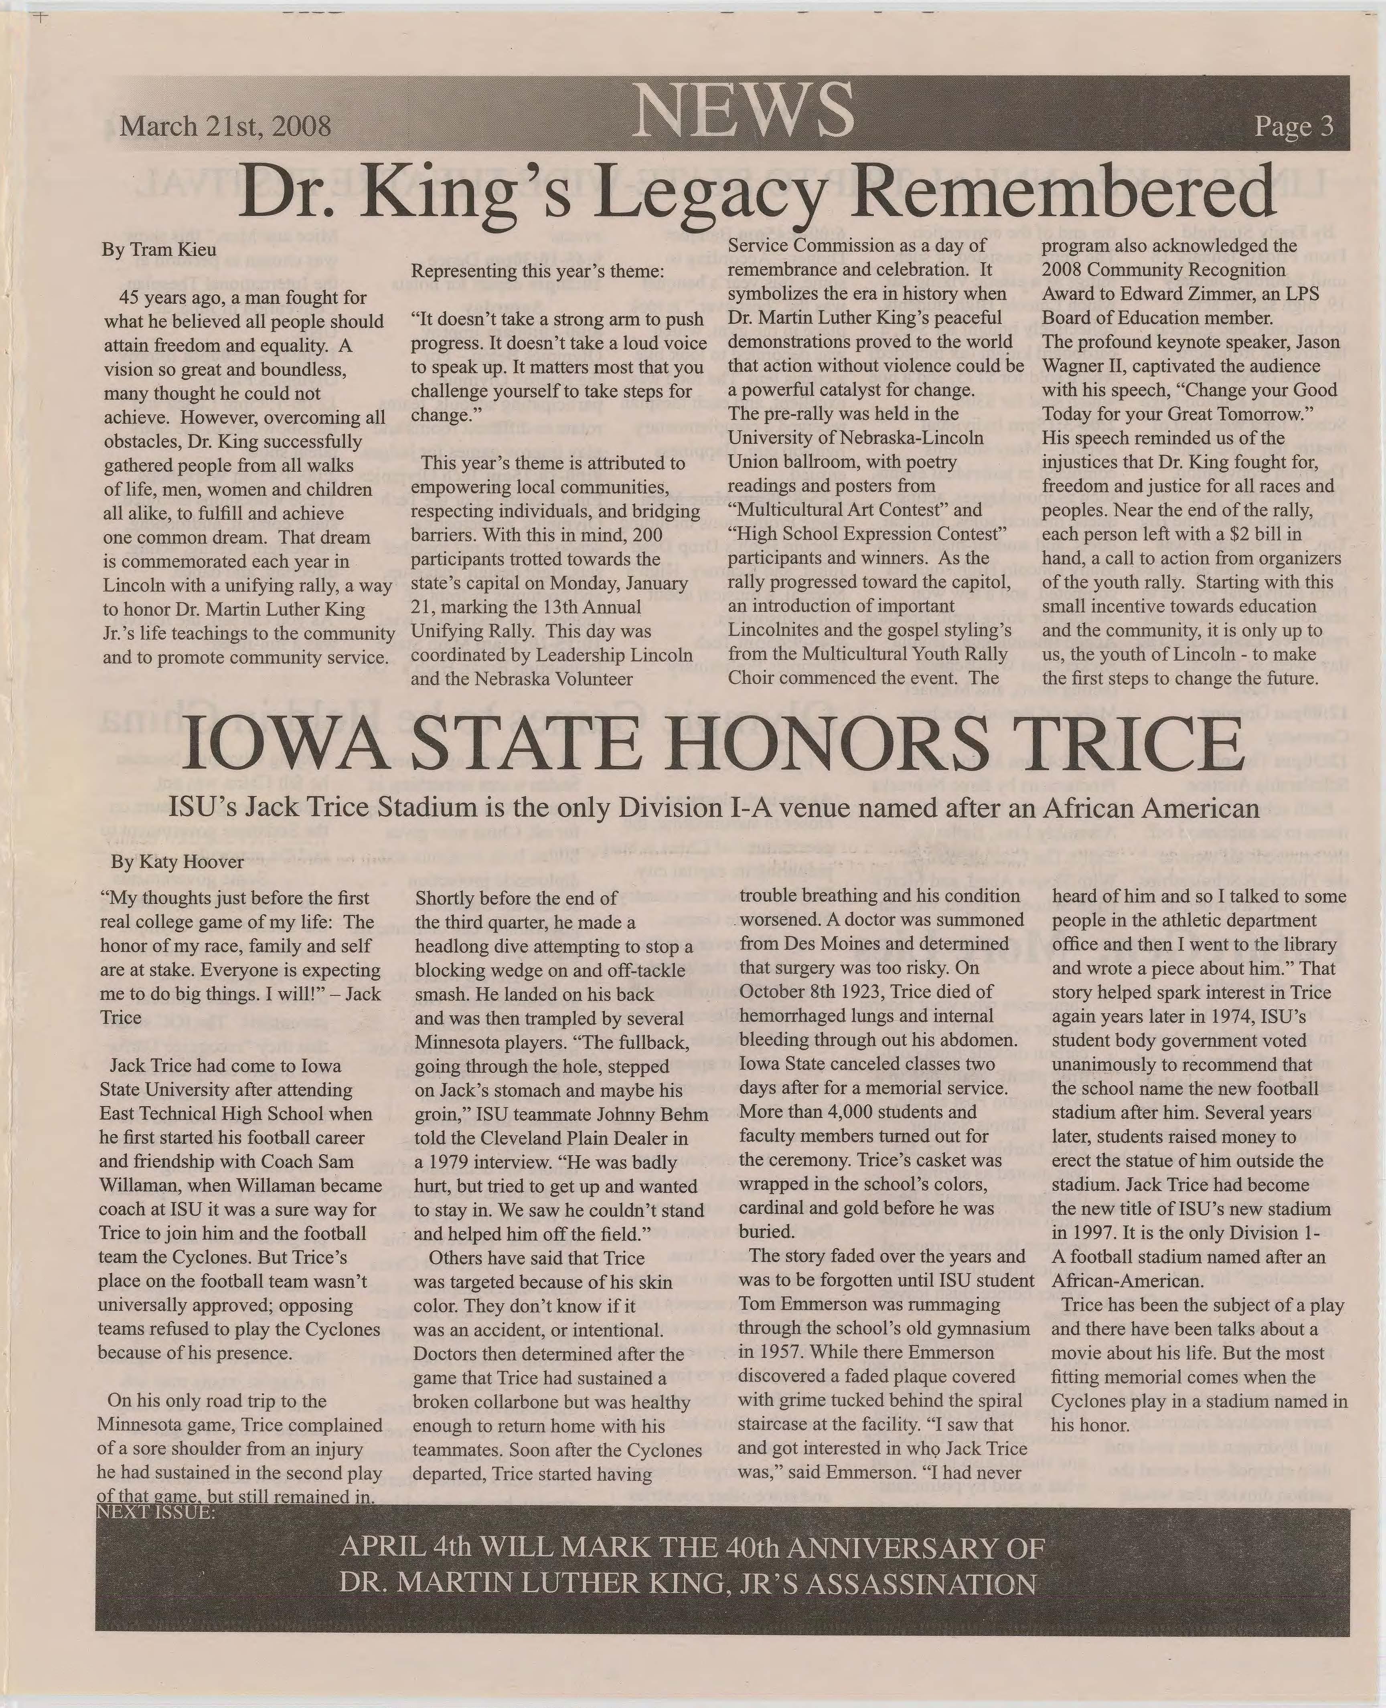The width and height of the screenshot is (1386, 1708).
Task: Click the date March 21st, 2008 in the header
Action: pos(225,126)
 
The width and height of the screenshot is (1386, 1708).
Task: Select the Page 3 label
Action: pos(1293,126)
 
